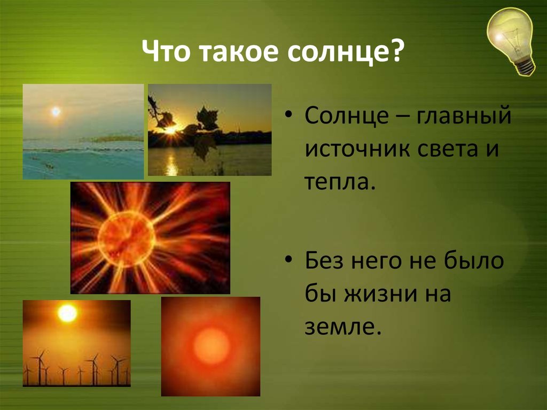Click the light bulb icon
pos(511,40)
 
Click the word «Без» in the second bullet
pos(324,260)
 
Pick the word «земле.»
pos(342,327)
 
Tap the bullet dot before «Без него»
pos(288,260)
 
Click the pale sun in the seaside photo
pos(56,111)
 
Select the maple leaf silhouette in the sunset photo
pos(207,118)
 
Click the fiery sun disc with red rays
pos(126,238)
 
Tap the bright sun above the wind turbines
pos(67,313)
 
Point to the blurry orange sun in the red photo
pos(212,346)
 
